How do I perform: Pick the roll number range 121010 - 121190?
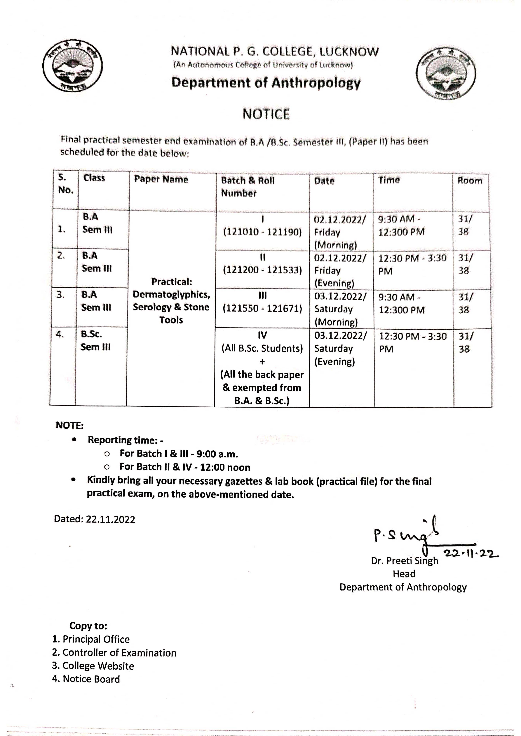(263, 232)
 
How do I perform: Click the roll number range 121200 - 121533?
(263, 270)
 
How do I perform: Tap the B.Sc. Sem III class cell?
(96, 340)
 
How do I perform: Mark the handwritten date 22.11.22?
(471, 554)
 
